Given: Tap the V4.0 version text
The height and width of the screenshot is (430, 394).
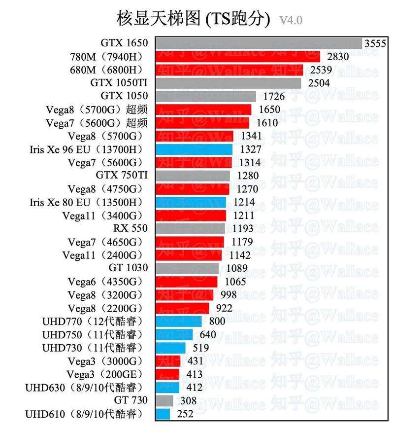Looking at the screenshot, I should point(291,20).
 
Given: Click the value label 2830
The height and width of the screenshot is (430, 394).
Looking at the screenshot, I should point(337,57).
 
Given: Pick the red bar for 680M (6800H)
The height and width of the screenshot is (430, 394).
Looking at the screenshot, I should point(230,70).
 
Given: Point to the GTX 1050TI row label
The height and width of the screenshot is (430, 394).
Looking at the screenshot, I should point(119,82).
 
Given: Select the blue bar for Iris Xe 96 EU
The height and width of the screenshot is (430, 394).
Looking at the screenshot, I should point(195,149).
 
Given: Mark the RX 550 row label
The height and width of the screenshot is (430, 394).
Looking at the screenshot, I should point(131,228).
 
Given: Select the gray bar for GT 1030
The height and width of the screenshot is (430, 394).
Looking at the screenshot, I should point(188,268).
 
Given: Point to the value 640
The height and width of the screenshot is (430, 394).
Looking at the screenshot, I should point(208,334).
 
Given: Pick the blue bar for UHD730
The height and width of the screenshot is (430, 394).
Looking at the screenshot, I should point(171,348).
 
